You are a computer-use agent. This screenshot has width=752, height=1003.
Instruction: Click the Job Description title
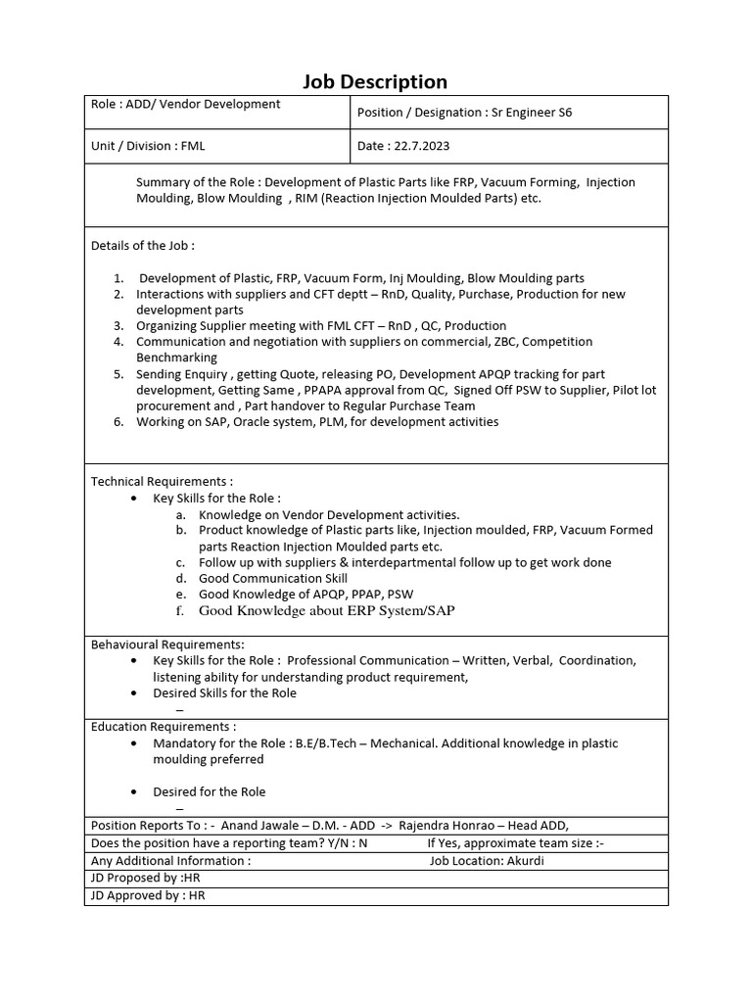pos(375,82)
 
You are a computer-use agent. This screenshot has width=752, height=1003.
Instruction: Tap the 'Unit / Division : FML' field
pos(148,146)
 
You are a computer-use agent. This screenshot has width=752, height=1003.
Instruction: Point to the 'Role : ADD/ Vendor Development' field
pos(185,104)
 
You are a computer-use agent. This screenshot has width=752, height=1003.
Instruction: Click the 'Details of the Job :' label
pos(142,246)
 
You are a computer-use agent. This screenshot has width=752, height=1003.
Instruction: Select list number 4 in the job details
pos(118,342)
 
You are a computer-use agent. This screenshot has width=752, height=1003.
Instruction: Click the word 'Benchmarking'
pos(176,358)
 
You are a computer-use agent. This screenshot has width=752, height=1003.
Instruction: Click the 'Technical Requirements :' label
pos(162,482)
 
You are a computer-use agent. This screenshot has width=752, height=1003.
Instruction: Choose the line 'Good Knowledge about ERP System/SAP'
pos(327,610)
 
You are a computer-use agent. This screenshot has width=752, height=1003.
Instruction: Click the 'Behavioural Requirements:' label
pos(167,645)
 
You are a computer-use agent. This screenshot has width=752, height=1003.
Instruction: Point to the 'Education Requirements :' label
pos(164,727)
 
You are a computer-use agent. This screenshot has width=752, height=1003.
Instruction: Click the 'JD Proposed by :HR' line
pos(145,879)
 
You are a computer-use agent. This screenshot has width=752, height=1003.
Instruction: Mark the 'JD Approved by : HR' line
pos(148,895)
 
